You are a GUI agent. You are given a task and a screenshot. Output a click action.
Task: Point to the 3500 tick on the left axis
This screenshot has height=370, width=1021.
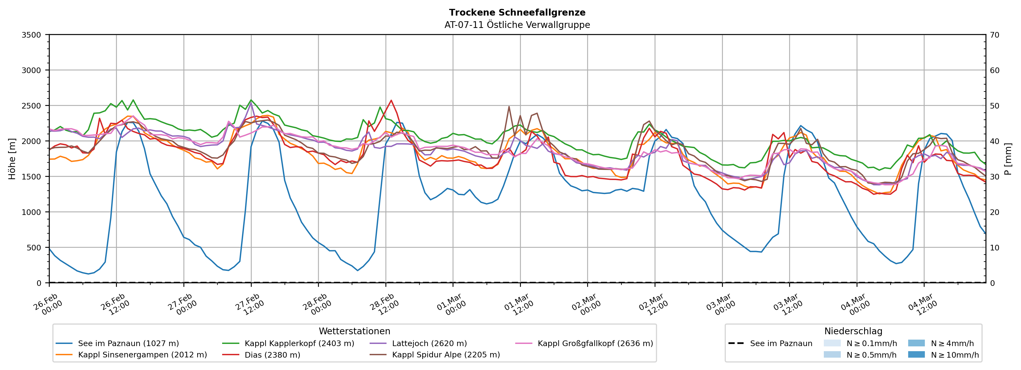click(31, 35)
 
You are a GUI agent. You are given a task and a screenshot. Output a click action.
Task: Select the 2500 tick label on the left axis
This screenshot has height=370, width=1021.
click(31, 106)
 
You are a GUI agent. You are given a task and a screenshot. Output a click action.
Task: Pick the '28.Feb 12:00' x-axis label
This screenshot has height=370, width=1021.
click(384, 304)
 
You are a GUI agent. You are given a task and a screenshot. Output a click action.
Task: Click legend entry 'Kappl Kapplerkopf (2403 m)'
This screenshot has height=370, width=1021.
click(299, 343)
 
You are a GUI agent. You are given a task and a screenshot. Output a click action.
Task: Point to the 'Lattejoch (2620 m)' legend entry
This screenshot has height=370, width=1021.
click(429, 343)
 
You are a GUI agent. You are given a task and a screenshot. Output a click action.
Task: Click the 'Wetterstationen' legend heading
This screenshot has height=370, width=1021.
click(354, 331)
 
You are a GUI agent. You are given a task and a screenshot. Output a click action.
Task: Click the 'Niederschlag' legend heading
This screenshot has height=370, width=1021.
click(853, 331)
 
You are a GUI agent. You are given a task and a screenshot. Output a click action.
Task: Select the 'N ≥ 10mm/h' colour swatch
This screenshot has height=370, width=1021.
click(916, 354)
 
